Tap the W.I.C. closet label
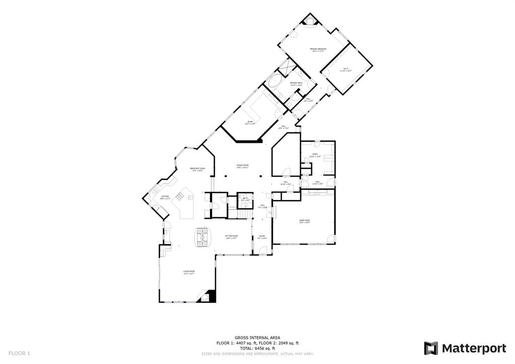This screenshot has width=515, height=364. [346, 70]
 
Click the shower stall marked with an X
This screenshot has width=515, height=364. [287, 66]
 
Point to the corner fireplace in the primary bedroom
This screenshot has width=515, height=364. [310, 21]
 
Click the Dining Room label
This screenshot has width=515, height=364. [243, 166]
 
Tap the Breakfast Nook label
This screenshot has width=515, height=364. [197, 169]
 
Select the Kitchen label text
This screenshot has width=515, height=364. [165, 198]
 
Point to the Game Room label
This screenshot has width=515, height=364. [304, 221]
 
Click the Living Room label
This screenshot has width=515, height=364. [189, 272]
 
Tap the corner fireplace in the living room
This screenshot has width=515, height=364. [207, 297]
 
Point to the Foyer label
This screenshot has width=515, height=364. [262, 237]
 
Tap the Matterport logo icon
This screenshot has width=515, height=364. [431, 348]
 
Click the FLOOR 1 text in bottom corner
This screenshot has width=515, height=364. [19, 353]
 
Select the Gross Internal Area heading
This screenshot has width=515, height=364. [257, 338]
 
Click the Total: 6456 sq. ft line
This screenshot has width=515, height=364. [257, 348]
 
